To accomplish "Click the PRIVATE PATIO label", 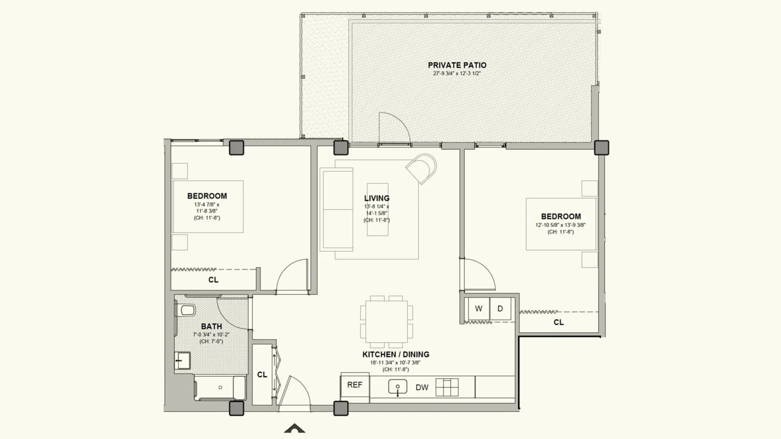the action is click(x=457, y=65).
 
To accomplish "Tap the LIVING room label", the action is click(x=377, y=199).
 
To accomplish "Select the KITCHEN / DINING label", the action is click(x=396, y=355).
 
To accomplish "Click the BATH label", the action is click(x=211, y=326).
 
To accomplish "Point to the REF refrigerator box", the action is click(x=355, y=385).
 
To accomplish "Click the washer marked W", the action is click(x=478, y=309).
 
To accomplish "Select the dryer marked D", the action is click(x=500, y=309).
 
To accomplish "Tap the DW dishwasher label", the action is click(x=422, y=387).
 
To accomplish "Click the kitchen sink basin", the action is click(x=398, y=386).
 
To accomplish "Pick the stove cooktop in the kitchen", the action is click(x=447, y=387).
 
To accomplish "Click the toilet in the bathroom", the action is click(x=186, y=310).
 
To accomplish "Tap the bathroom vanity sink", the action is click(x=183, y=361).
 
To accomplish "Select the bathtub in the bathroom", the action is click(x=220, y=388).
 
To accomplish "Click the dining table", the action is click(x=386, y=322).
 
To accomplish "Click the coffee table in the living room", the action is click(x=378, y=209).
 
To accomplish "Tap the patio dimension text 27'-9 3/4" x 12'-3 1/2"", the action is click(x=457, y=74).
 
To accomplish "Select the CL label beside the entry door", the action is click(x=262, y=375).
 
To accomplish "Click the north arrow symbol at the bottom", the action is click(x=295, y=428).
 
